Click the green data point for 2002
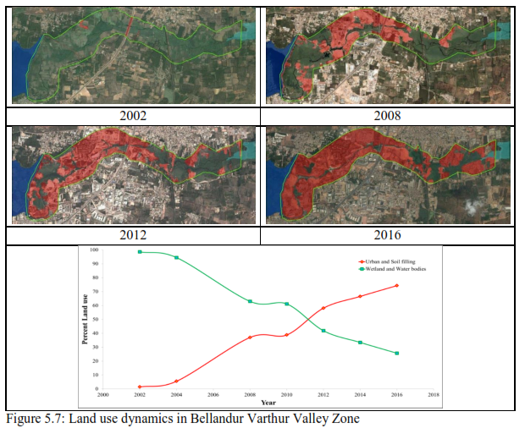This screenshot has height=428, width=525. coord(140,252)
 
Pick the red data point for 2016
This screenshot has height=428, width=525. coord(396,286)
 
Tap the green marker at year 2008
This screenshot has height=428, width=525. coord(250,301)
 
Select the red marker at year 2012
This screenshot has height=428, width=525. coord(323,308)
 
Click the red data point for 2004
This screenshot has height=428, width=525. coord(176,381)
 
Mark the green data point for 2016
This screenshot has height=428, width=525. coord(396,353)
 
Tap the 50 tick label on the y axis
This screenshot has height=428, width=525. coord(95,320)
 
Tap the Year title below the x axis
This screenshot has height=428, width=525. coord(268,403)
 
